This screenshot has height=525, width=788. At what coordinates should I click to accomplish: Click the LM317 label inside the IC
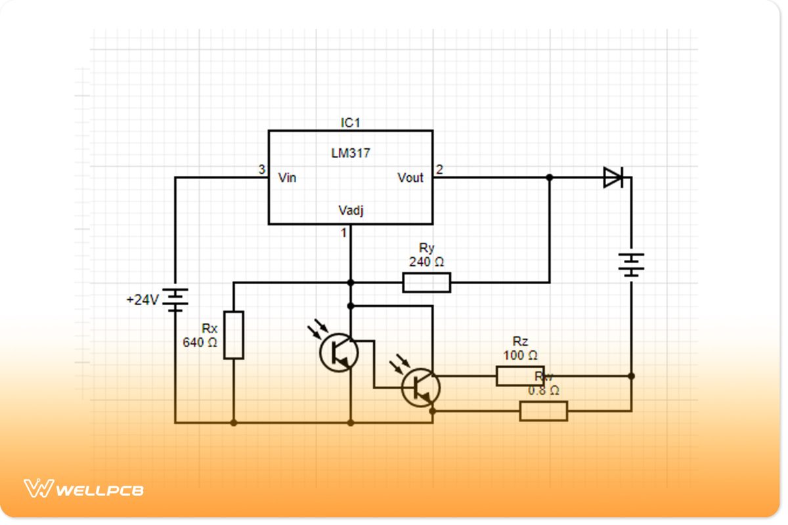(x=351, y=154)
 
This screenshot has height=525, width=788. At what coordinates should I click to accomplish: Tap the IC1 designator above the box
(x=350, y=123)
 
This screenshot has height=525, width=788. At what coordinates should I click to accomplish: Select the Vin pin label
(x=287, y=177)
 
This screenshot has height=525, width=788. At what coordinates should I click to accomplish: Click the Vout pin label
(x=410, y=177)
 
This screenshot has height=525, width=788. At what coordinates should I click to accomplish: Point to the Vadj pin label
(x=351, y=210)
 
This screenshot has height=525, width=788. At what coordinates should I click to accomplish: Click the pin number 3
(x=261, y=170)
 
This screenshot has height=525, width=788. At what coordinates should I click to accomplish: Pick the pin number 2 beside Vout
(x=439, y=170)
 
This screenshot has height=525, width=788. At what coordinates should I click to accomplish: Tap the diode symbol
(x=613, y=177)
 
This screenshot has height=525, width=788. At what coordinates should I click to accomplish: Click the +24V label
(x=143, y=301)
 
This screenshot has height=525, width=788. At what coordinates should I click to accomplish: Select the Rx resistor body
(x=234, y=335)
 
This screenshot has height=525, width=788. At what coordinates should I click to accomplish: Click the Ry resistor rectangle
(x=426, y=283)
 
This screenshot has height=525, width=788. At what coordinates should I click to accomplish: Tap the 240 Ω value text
(x=426, y=262)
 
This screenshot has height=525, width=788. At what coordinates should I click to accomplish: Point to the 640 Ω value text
(x=200, y=342)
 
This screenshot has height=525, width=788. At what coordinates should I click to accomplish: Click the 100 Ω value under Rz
(x=521, y=356)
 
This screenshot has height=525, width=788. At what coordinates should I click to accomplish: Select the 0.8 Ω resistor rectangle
(x=543, y=411)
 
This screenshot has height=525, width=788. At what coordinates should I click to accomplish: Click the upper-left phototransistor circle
(x=339, y=352)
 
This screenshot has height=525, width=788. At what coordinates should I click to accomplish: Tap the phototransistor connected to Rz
(x=421, y=387)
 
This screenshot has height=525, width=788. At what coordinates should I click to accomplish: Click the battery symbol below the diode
(x=631, y=265)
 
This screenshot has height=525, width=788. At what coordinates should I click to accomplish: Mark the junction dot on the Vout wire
(x=550, y=177)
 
